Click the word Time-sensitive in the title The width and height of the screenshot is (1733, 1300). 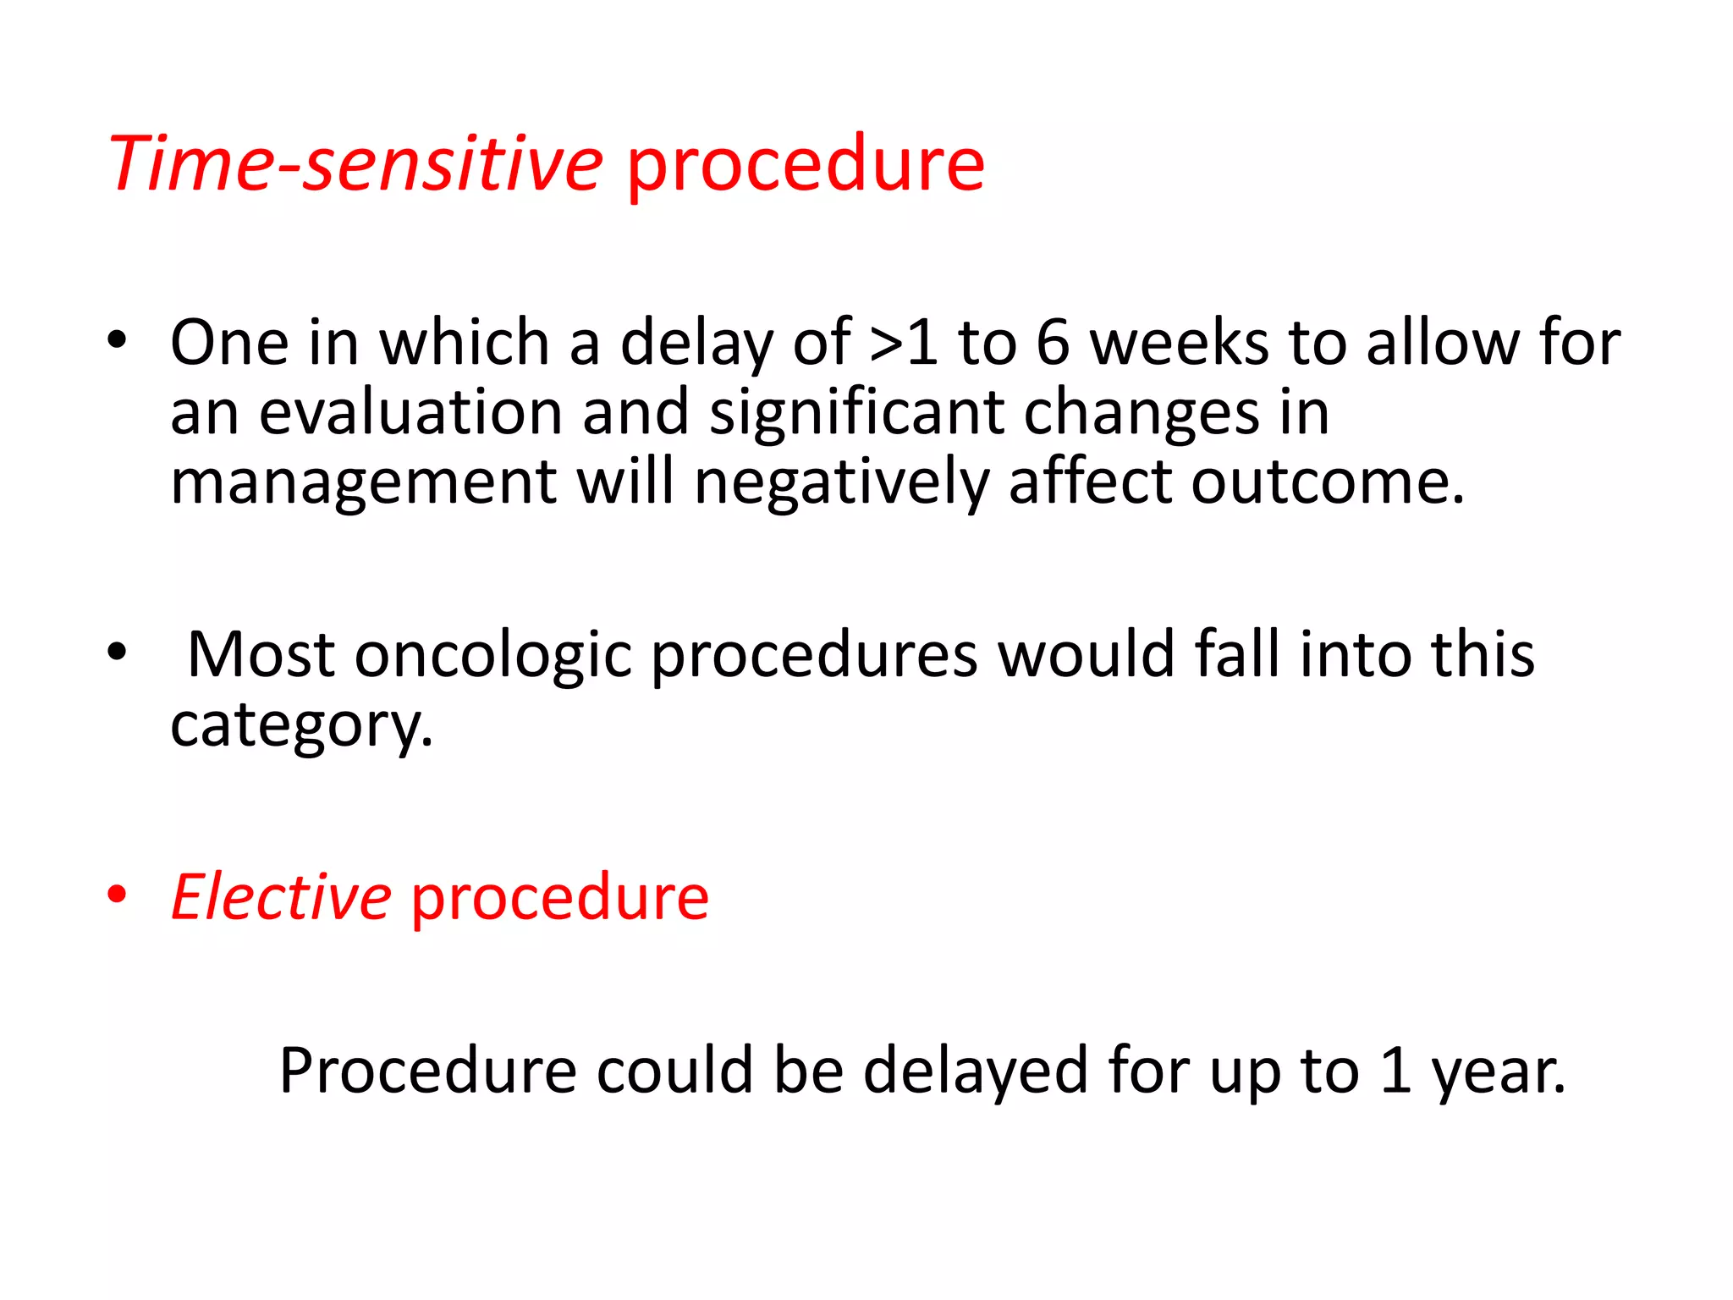pyautogui.click(x=355, y=163)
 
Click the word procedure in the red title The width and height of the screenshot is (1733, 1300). pyautogui.click(x=806, y=167)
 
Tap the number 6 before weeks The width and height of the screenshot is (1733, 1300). pyautogui.click(x=1053, y=343)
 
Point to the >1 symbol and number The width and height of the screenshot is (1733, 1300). pyautogui.click(x=904, y=343)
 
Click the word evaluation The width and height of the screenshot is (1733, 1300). pyautogui.click(x=410, y=413)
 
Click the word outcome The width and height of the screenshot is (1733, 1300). pyautogui.click(x=1327, y=482)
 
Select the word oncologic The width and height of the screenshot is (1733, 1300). pyautogui.click(x=492, y=656)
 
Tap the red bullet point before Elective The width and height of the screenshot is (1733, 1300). pyautogui.click(x=117, y=895)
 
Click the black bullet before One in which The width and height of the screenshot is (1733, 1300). pyautogui.click(x=117, y=340)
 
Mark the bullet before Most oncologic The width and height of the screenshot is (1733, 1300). pyautogui.click(x=117, y=652)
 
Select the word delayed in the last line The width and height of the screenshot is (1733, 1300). pyautogui.click(x=975, y=1071)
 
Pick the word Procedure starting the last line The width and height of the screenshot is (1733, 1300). pyautogui.click(x=428, y=1071)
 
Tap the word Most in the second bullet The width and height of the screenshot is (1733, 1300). pyautogui.click(x=261, y=654)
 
